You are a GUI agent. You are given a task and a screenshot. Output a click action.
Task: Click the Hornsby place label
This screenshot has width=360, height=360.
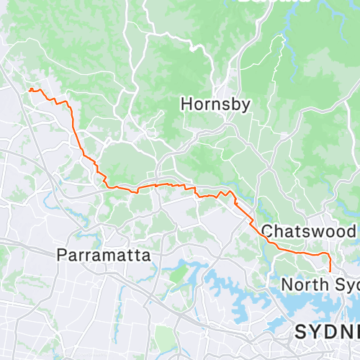coord(215,104)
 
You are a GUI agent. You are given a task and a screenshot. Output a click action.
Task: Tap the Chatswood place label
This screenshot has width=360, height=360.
coord(309,231)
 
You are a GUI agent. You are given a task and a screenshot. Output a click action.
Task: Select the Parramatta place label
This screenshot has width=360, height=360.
coord(104,255)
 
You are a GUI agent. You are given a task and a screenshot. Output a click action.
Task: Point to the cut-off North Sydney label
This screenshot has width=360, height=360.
coord(320,284)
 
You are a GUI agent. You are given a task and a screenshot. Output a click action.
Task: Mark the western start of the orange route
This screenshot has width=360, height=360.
coord(30,89)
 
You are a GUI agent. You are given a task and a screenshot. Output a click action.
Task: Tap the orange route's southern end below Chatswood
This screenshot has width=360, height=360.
coord(330,271)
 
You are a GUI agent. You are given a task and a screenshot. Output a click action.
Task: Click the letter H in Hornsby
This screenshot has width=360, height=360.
coord(186,104)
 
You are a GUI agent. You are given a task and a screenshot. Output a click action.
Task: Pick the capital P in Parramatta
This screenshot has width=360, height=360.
coord(60,255)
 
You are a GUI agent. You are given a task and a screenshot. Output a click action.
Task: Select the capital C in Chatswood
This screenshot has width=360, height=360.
coord(267,231)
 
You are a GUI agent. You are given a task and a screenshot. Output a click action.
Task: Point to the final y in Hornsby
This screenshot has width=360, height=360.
coord(246,106)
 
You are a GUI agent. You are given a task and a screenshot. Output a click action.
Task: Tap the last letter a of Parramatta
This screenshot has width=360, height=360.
coord(147,256)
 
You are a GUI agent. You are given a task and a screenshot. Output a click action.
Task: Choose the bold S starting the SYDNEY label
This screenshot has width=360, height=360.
coord(300,331)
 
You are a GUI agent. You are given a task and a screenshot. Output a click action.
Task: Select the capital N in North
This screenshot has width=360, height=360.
coord(286,284)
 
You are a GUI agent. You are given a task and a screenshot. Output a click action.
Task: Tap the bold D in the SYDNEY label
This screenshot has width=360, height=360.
coord(326,331)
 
